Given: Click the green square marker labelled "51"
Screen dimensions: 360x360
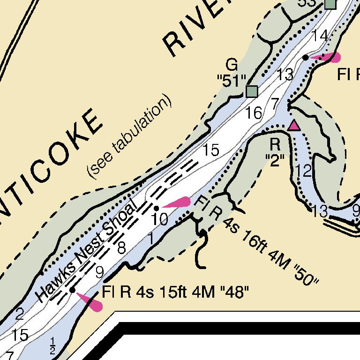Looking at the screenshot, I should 252,91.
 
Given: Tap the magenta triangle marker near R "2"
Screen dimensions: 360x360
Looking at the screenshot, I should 294,125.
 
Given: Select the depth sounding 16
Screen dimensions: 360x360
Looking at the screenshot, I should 254,113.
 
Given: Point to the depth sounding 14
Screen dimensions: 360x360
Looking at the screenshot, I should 320,36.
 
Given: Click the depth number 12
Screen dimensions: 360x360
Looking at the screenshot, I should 304,171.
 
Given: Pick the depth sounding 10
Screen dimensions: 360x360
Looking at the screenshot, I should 160,219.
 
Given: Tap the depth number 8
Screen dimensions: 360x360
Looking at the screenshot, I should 121,247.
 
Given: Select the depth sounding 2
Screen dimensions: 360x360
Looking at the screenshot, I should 19,314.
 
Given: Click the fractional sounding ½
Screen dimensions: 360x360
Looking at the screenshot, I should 52,348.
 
